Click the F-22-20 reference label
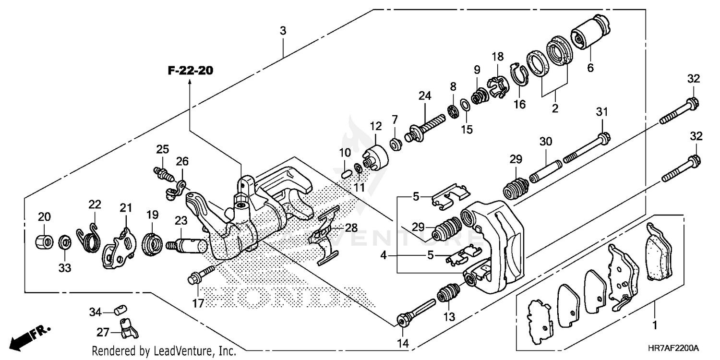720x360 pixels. click(x=190, y=71)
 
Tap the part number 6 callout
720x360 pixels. click(x=590, y=68)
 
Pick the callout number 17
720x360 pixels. click(x=198, y=303)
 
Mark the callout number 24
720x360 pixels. click(x=424, y=96)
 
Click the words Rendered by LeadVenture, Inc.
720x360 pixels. click(x=163, y=350)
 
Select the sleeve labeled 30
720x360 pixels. click(x=545, y=170)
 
